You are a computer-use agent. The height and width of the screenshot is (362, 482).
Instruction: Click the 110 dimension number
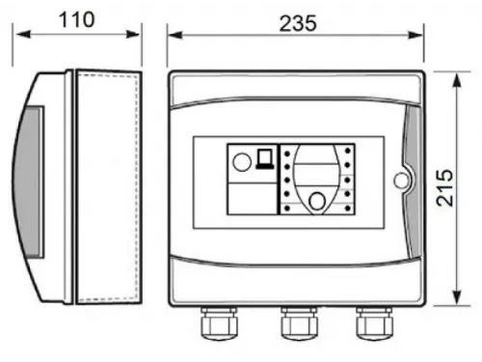77,20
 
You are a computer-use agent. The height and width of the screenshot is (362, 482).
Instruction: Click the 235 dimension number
298,23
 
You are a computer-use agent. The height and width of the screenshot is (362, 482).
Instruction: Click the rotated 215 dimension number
444,187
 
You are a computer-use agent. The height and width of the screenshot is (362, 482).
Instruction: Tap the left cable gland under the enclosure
219,323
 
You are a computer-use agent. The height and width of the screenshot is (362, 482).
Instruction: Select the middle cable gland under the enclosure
299,323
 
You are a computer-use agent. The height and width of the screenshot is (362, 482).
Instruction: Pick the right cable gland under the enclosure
374,323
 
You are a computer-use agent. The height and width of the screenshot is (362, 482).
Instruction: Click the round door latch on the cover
401,181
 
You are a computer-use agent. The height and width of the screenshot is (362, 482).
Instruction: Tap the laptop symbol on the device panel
265,158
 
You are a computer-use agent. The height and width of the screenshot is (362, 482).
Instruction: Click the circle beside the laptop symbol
242,161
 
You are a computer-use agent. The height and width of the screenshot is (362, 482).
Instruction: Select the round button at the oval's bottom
317,201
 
